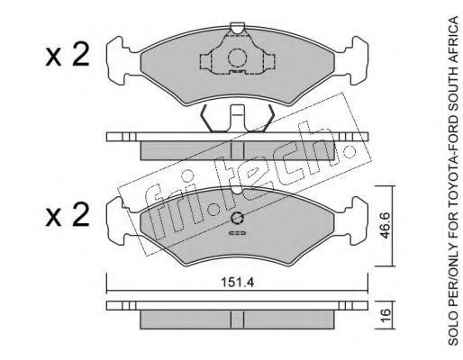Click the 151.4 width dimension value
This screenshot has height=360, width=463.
238,283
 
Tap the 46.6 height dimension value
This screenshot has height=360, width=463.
385,225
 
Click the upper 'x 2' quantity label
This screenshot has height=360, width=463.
68,54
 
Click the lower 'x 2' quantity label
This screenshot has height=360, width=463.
68,214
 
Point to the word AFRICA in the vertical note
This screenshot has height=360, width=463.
453,37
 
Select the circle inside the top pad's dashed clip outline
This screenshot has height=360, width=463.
237,58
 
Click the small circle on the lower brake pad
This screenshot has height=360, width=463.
237,218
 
